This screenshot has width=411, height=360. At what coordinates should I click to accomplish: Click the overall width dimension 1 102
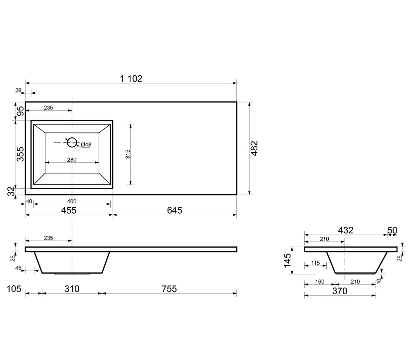point(131,78)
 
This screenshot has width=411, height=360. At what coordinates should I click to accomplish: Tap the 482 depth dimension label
point(254,148)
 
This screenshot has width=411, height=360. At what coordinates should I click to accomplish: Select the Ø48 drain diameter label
point(86,144)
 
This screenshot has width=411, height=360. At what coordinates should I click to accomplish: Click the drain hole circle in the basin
point(72,142)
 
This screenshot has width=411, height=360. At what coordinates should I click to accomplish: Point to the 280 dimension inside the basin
point(72,160)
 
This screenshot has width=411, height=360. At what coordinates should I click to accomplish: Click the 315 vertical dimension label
point(128,154)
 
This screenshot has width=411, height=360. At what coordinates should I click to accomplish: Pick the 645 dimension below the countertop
point(175,210)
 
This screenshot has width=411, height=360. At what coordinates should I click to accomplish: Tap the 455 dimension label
point(69,210)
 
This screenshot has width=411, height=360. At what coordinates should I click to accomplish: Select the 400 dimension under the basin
point(72,201)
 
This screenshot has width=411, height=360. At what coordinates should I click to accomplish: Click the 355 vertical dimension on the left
point(20,154)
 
